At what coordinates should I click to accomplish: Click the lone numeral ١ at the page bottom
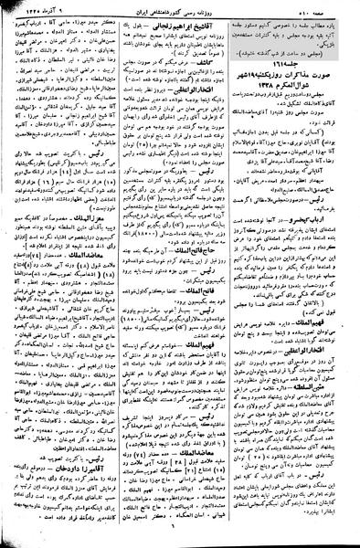[x=179, y=538]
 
